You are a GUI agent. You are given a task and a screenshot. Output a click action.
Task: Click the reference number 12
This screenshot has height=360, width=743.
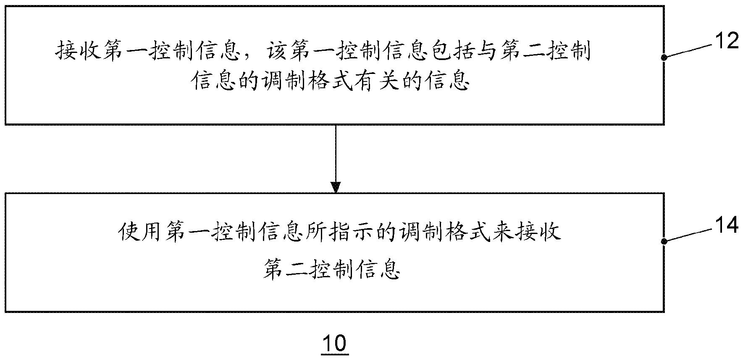(726, 41)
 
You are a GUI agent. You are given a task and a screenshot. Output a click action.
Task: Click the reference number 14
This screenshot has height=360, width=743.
(726, 226)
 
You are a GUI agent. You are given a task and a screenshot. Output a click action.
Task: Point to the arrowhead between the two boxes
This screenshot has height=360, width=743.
(336, 187)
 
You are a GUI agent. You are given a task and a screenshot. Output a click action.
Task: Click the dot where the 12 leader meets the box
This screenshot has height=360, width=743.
(664, 58)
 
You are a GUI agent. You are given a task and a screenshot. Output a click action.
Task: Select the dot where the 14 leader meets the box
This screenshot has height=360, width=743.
(664, 242)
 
